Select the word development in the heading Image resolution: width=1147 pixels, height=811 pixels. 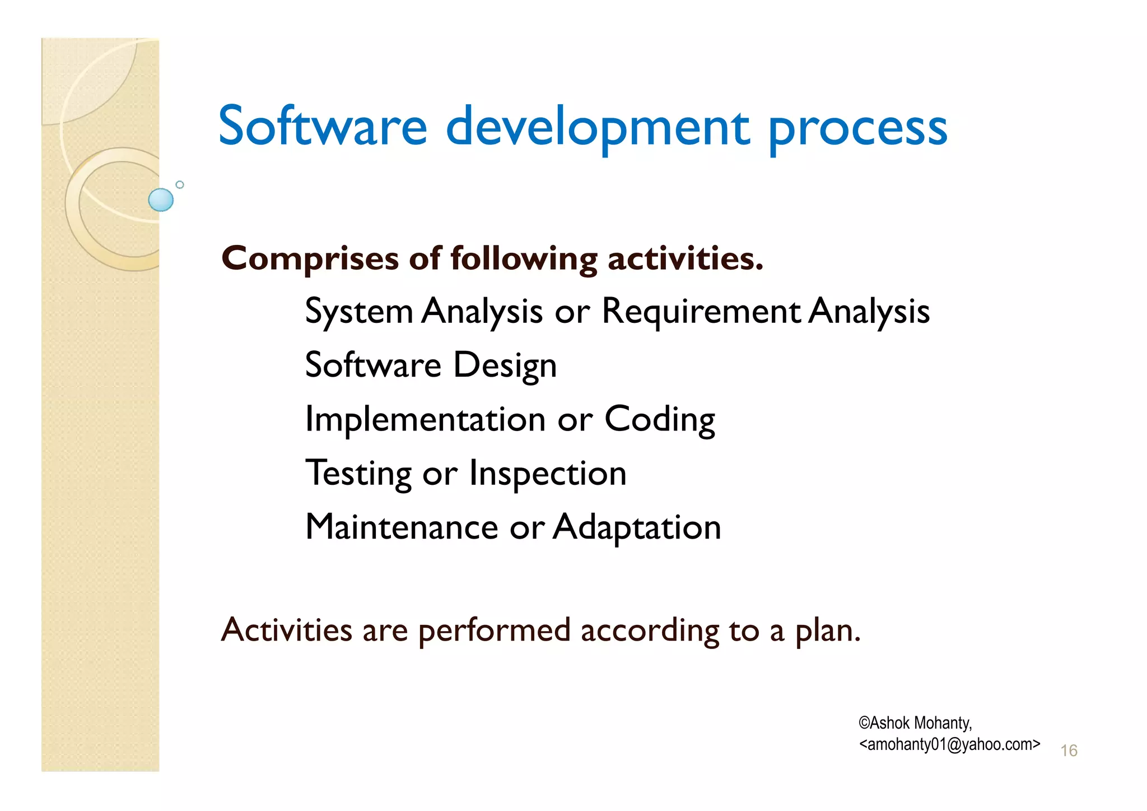[x=597, y=129]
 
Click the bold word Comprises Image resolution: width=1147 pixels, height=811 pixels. [x=310, y=259]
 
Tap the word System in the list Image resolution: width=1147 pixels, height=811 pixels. [x=359, y=312]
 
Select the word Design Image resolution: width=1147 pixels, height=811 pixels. [x=505, y=365]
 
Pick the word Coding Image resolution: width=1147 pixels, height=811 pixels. [x=660, y=420]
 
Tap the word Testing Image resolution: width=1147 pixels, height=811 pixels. [x=358, y=474]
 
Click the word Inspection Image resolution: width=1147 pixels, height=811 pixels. [x=547, y=474]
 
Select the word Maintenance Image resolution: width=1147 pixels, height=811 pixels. [x=402, y=527]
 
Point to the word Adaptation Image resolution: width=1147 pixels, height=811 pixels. [x=637, y=527]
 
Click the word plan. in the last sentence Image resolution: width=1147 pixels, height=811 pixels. [x=828, y=631]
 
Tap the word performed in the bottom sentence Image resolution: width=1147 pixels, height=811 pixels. [x=494, y=630]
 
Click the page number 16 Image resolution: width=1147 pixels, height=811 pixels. [x=1069, y=750]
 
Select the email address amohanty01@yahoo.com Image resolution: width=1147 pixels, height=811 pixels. [x=949, y=744]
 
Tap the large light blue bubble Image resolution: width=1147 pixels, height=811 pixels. [x=161, y=200]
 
